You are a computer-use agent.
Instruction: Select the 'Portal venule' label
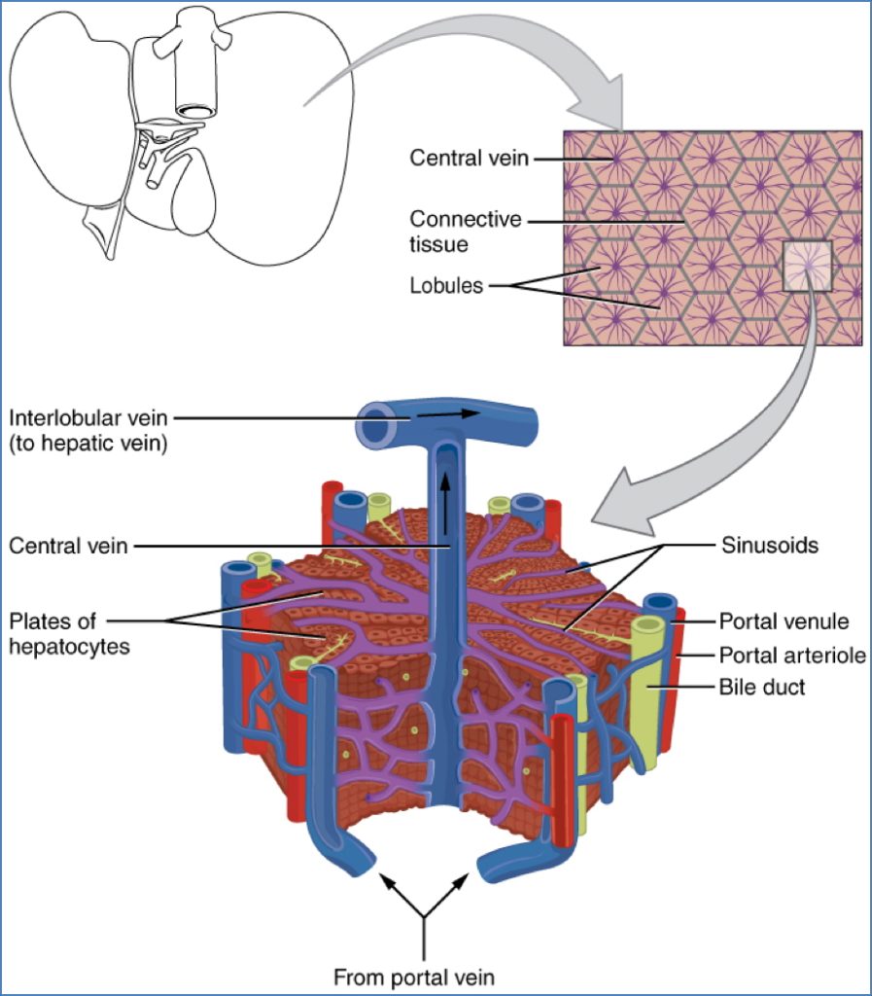point(784,621)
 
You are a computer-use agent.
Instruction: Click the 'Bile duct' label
point(761,688)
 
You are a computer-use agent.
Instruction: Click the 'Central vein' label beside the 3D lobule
point(68,546)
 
